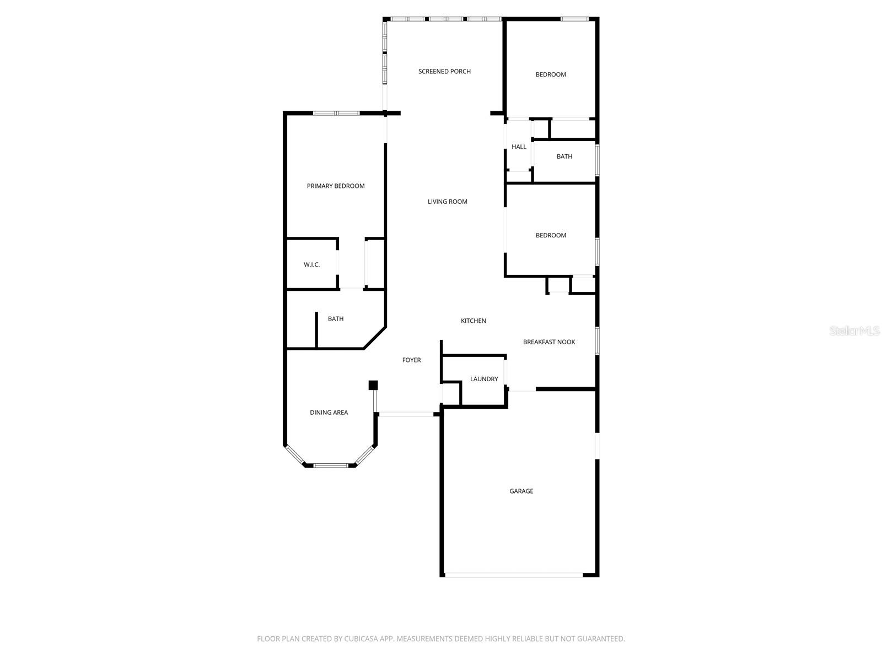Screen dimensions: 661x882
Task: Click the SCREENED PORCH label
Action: pyautogui.click(x=444, y=71)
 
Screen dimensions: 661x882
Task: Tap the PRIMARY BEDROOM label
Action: pyautogui.click(x=336, y=186)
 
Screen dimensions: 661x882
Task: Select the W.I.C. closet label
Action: pyautogui.click(x=311, y=265)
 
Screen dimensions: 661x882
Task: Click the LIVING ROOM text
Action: pyautogui.click(x=447, y=202)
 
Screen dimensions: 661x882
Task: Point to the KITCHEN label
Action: pyautogui.click(x=473, y=321)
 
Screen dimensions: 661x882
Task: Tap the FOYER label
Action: pyautogui.click(x=411, y=360)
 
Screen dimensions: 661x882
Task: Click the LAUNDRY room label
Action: pyautogui.click(x=484, y=379)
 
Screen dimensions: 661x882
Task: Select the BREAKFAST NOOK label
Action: pyautogui.click(x=548, y=342)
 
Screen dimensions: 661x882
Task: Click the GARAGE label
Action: pyautogui.click(x=521, y=491)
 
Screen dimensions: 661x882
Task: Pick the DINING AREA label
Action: pyautogui.click(x=329, y=413)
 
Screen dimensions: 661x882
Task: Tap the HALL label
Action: pyautogui.click(x=519, y=147)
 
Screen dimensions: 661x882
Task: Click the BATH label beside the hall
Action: pyautogui.click(x=564, y=156)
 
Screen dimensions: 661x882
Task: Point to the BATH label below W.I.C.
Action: pyautogui.click(x=335, y=319)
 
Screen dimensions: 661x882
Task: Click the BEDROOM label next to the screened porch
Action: pyautogui.click(x=551, y=74)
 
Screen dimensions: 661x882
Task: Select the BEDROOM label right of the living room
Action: pyautogui.click(x=551, y=235)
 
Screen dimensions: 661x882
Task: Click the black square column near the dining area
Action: pyautogui.click(x=373, y=385)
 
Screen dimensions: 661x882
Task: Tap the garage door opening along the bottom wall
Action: pyautogui.click(x=513, y=575)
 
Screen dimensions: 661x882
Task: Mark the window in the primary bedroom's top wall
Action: pyautogui.click(x=336, y=113)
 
